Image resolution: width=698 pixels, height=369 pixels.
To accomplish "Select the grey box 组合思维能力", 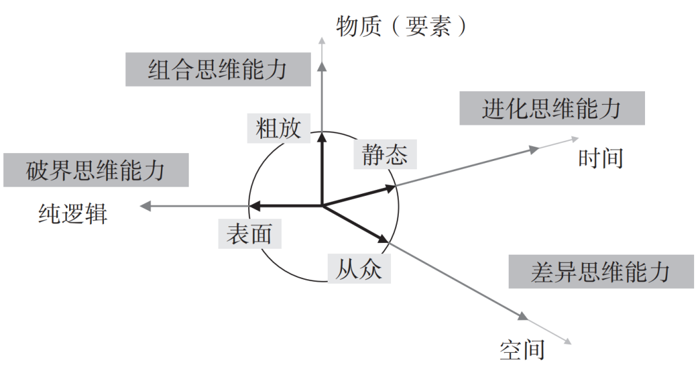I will pos(217,69).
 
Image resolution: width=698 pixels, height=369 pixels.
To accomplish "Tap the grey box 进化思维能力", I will pos(551,108).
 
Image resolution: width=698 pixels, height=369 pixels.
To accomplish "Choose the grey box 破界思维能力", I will pos(96,170).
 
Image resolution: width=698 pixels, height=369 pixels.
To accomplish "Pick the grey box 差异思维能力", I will pos(600,271).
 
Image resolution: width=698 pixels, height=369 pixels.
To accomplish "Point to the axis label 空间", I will pos(522,350).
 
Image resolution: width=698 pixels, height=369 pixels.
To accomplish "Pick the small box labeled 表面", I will pos(249,234).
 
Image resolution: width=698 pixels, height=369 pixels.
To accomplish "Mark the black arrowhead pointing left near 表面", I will pos(255,206).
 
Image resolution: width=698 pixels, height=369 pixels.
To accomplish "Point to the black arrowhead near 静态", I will pos(390,188).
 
